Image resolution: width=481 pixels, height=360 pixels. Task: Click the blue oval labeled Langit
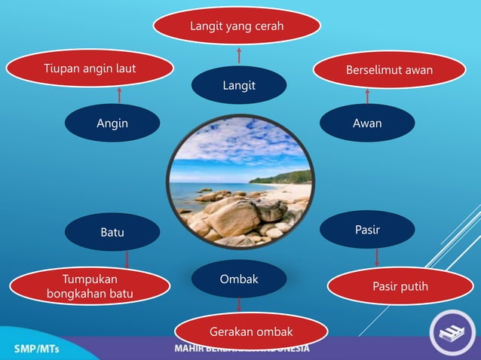point(238,85)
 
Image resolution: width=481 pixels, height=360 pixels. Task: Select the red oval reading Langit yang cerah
point(237,26)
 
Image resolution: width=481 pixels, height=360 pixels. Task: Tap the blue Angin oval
point(112,123)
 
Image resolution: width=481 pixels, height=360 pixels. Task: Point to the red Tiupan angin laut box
point(90,70)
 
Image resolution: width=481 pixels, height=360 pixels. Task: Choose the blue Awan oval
point(367,123)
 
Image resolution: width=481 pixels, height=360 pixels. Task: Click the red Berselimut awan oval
point(389,70)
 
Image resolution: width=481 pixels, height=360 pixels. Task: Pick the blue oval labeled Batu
point(112,233)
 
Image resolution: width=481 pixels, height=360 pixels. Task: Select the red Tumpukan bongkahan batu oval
point(90,286)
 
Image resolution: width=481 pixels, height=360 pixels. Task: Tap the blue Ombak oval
point(238,279)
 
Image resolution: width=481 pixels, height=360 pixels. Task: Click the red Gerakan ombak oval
point(251,332)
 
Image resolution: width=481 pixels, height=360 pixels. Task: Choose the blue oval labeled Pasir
point(367,229)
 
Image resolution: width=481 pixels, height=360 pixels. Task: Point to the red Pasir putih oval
point(400,286)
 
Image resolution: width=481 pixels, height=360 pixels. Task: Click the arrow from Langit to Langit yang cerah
point(239,55)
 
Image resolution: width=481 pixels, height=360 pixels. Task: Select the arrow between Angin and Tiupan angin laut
point(119,94)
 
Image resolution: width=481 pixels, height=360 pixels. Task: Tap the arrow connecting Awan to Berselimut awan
point(367,96)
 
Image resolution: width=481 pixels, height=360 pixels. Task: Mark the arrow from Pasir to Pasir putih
point(376,258)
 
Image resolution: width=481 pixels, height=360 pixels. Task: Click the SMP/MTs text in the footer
point(38,349)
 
